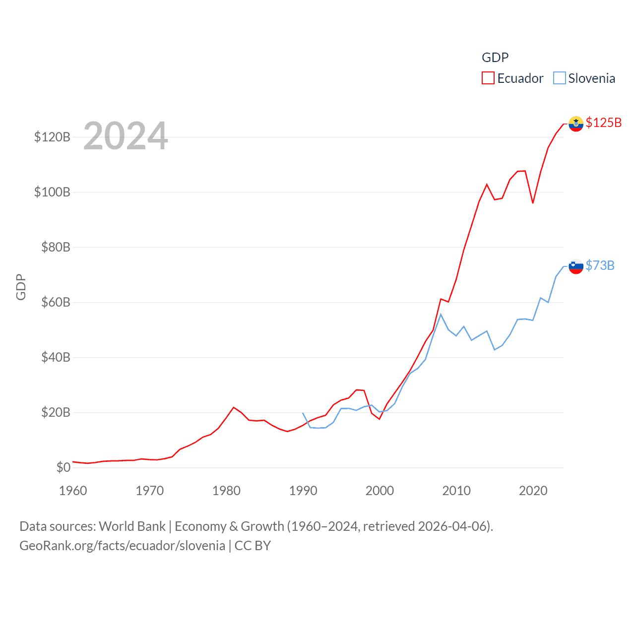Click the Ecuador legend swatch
click(x=488, y=78)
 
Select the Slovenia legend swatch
click(x=559, y=78)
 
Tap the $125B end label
click(x=603, y=123)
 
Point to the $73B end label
click(x=600, y=265)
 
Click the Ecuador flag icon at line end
click(x=576, y=124)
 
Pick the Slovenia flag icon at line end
click(x=576, y=266)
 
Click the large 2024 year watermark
click(x=126, y=136)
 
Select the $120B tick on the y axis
click(x=52, y=137)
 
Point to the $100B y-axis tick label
click(x=52, y=192)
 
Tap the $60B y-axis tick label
click(x=56, y=302)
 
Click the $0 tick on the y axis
click(x=63, y=467)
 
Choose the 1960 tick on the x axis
click(x=73, y=491)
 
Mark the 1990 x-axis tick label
click(x=303, y=491)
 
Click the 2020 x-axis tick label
click(x=533, y=491)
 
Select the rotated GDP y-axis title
click(x=21, y=287)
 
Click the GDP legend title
click(x=495, y=58)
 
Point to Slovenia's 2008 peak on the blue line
click(x=441, y=315)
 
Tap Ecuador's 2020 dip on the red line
click(x=533, y=203)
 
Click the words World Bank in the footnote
click(x=132, y=526)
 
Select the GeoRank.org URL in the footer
click(x=122, y=546)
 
